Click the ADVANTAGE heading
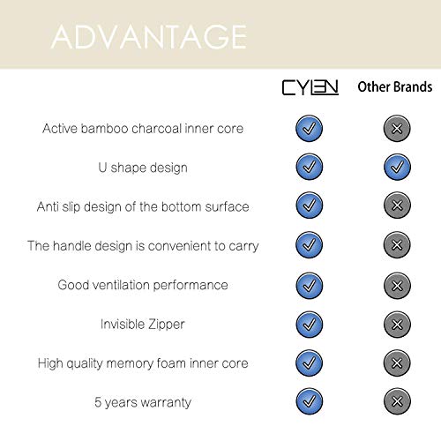(x=148, y=36)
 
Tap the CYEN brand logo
(x=309, y=88)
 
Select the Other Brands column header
(x=394, y=87)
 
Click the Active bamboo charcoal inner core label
(x=144, y=129)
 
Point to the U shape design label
(x=143, y=168)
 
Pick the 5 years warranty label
(x=143, y=402)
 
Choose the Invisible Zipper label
(x=143, y=324)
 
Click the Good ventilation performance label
(x=143, y=285)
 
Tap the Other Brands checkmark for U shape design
(x=396, y=167)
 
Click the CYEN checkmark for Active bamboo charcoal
(x=309, y=128)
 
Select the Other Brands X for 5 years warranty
(x=396, y=401)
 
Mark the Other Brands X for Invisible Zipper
(x=396, y=324)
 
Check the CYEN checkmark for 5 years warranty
(x=309, y=401)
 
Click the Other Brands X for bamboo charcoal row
(x=396, y=128)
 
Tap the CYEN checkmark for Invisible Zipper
(x=309, y=324)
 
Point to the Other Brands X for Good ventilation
(x=396, y=285)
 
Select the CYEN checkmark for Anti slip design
(x=309, y=206)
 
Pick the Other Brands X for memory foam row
(x=396, y=363)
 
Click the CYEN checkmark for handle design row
(x=309, y=245)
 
